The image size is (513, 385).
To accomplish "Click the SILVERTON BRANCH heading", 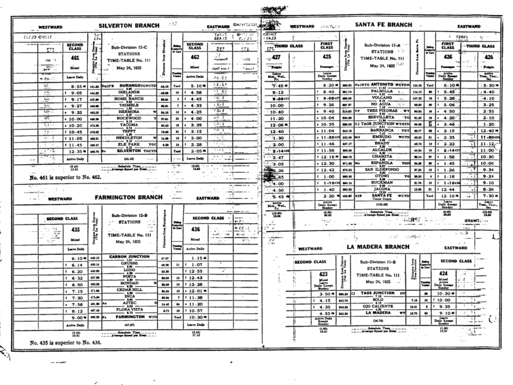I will pyautogui.click(x=133, y=26).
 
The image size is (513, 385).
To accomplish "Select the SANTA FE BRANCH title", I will pyautogui.click(x=388, y=26).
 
